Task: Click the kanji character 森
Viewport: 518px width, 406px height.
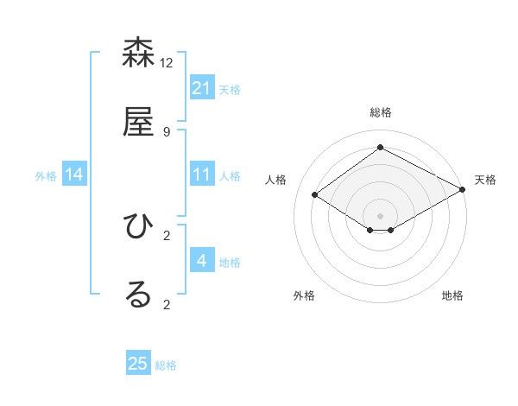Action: pyautogui.click(x=138, y=54)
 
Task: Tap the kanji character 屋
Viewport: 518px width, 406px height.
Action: pyautogui.click(x=138, y=123)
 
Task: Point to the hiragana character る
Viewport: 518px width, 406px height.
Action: pyautogui.click(x=138, y=295)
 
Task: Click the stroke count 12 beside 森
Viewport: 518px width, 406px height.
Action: pyautogui.click(x=167, y=63)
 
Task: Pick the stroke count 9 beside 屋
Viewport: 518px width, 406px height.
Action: pyautogui.click(x=166, y=132)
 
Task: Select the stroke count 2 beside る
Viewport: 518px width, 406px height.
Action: pyautogui.click(x=166, y=304)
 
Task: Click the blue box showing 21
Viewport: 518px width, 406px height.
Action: pyautogui.click(x=202, y=88)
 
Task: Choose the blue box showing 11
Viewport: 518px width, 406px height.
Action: pyautogui.click(x=202, y=174)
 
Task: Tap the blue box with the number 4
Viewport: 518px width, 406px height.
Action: pyautogui.click(x=202, y=261)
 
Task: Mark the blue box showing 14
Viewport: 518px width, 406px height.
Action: pyautogui.click(x=74, y=174)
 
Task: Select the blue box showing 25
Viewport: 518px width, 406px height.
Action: pyautogui.click(x=138, y=364)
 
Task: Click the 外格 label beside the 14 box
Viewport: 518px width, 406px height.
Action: pyautogui.click(x=46, y=176)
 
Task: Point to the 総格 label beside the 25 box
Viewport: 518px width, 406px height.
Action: pyautogui.click(x=166, y=365)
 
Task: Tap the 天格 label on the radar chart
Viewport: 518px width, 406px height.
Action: pyautogui.click(x=485, y=180)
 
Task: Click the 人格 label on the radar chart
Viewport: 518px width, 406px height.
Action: pyautogui.click(x=276, y=180)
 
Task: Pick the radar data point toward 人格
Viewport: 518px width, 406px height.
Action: pyautogui.click(x=315, y=195)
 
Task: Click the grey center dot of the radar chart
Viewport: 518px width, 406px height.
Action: pyautogui.click(x=380, y=215)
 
